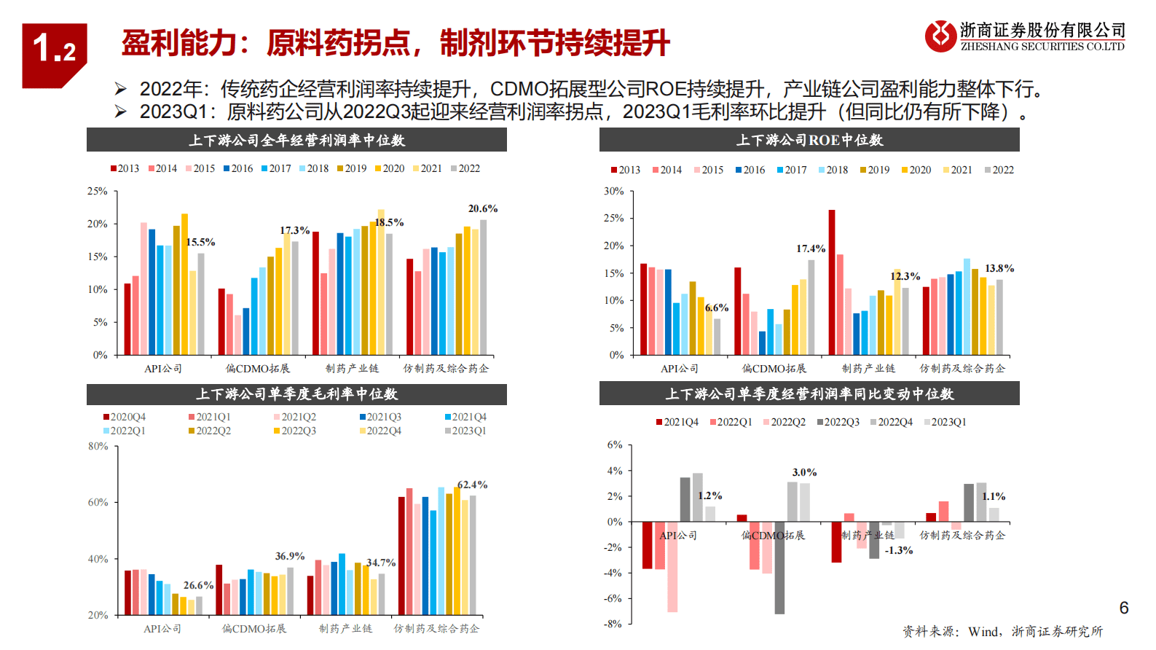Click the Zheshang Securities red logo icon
click(x=940, y=36)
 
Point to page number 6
click(x=1124, y=608)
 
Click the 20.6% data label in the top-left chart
click(x=482, y=209)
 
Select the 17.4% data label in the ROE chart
click(x=811, y=249)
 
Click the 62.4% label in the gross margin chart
click(x=472, y=485)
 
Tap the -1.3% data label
click(x=898, y=550)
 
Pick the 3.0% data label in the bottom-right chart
click(x=804, y=472)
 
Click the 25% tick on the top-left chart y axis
click(x=98, y=192)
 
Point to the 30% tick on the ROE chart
click(x=613, y=192)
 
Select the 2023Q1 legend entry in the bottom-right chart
click(x=945, y=423)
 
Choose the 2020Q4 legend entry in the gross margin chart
click(x=125, y=418)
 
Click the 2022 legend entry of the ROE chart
click(x=999, y=171)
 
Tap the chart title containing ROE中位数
click(x=809, y=140)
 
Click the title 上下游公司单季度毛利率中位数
click(x=296, y=394)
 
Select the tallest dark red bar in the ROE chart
click(x=832, y=282)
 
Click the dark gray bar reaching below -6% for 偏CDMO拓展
click(x=779, y=568)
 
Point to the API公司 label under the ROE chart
click(x=679, y=369)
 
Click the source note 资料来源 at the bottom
click(x=1002, y=632)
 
